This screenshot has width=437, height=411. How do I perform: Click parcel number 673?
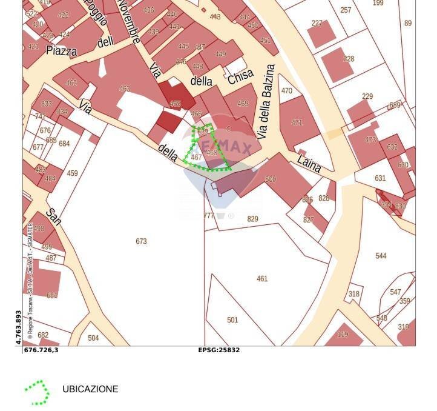141,241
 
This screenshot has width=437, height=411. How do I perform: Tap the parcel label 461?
262,279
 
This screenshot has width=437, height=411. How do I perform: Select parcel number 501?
232,320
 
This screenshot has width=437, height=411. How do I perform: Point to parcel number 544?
381,256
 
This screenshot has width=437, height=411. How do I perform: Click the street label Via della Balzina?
266,102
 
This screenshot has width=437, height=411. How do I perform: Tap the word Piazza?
61,51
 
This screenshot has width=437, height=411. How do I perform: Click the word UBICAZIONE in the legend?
90,389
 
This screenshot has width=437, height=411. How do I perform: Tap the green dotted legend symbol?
38,393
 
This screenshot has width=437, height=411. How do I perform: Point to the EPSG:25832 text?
218,350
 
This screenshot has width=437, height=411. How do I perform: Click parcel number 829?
252,219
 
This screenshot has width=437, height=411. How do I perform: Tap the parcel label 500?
271,179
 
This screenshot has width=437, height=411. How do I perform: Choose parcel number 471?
297,122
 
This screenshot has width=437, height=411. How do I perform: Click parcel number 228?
349,59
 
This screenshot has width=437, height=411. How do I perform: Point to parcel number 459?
72,173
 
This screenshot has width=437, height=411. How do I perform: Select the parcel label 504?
93,338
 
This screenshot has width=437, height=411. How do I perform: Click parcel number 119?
343,334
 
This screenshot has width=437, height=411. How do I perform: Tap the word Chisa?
240,77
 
